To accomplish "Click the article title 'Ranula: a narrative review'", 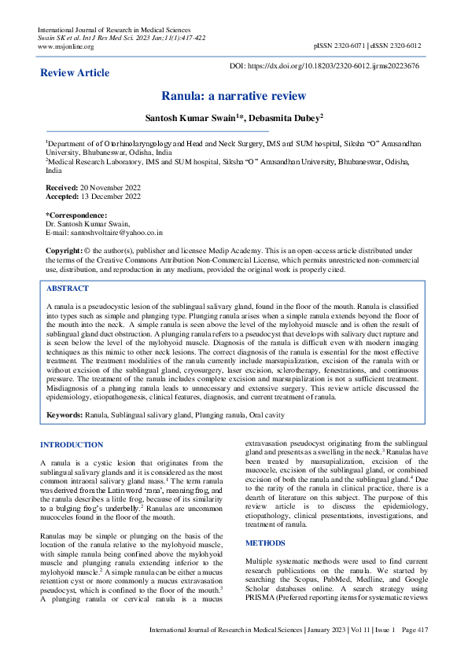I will click(x=234, y=97).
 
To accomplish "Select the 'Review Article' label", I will click(x=75, y=73).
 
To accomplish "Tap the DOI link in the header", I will click(x=335, y=67).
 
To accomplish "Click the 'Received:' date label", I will click(x=62, y=189).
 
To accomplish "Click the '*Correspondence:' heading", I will click(x=76, y=215).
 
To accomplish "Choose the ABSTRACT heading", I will click(x=68, y=289).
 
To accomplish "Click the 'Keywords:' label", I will click(x=64, y=414).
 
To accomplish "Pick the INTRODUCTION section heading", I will click(x=72, y=445).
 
